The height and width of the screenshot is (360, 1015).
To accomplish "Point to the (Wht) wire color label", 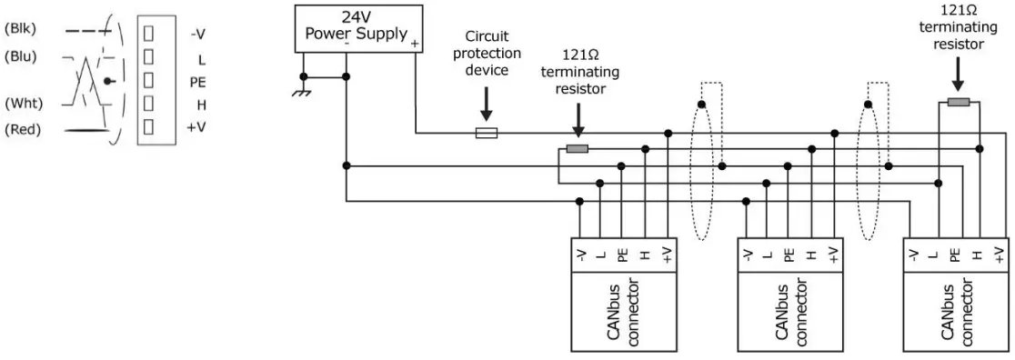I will tap(22, 103).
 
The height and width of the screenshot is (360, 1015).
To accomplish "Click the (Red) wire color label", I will tap(21, 130).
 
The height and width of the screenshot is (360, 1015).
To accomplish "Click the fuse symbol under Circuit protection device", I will tap(486, 133).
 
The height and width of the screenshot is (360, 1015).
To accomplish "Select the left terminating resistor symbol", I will tap(577, 148).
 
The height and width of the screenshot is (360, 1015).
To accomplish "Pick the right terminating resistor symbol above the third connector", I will tap(958, 102).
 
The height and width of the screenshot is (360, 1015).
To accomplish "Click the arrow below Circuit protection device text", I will tap(486, 106).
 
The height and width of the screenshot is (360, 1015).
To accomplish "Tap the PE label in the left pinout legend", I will tap(198, 82).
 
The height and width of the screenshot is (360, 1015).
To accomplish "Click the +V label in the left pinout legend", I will tap(197, 128).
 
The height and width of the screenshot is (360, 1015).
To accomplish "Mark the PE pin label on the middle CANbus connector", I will tap(789, 255).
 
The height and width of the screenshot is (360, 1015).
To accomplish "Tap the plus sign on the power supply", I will tap(415, 44).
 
